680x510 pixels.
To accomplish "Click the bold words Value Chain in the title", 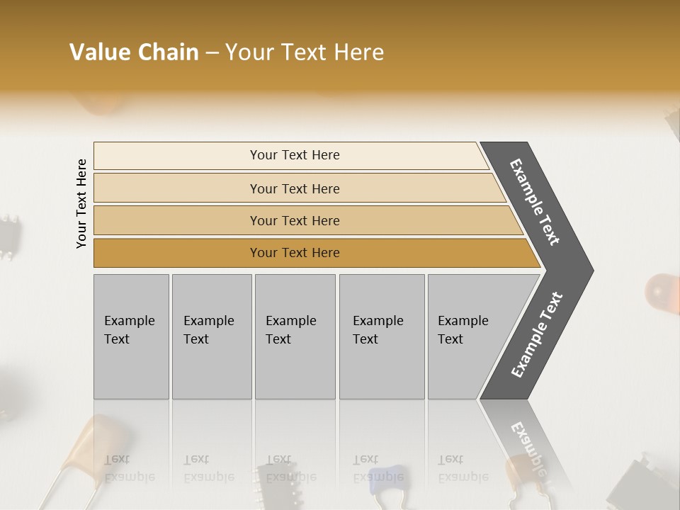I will (x=134, y=52).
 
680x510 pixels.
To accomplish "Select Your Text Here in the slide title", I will (x=305, y=52).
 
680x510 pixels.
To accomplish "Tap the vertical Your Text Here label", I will (x=81, y=203).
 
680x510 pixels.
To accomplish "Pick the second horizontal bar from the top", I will (x=295, y=188).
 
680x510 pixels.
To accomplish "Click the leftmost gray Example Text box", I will (x=131, y=336).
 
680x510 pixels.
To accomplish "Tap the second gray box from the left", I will (x=211, y=336).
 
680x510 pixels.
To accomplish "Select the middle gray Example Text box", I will (x=295, y=336).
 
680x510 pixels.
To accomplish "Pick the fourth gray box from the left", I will (x=381, y=336).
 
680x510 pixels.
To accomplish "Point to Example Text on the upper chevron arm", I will (x=535, y=202).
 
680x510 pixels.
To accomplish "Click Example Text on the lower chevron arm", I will (x=537, y=335).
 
